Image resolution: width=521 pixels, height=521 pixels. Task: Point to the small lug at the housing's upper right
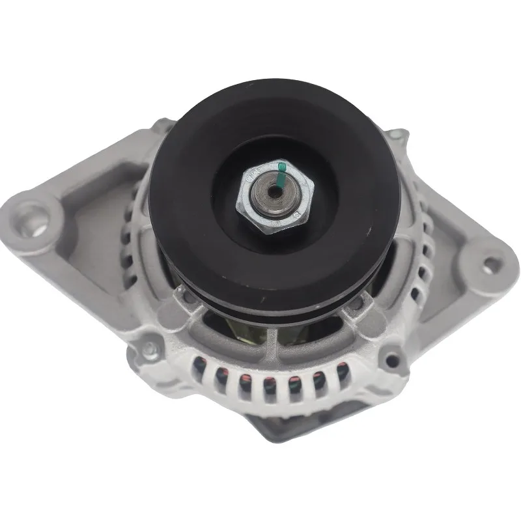coord(395,135)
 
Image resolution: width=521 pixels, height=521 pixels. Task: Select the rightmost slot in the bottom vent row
coord(339,376)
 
